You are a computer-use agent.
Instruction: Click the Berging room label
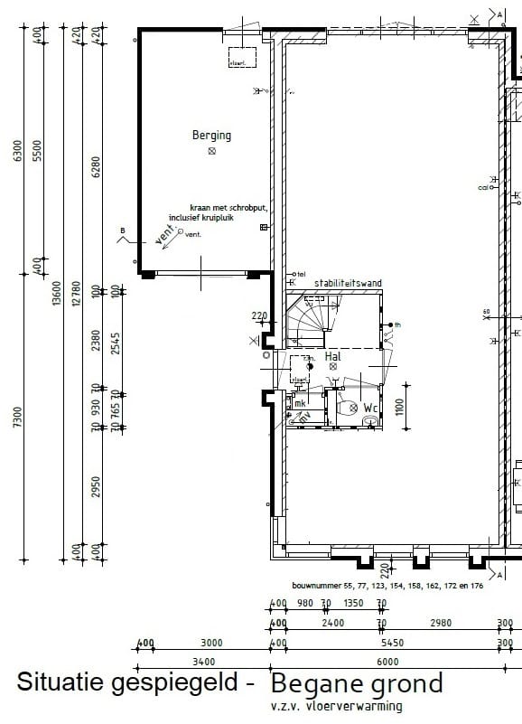[211, 136]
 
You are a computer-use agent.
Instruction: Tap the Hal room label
[333, 357]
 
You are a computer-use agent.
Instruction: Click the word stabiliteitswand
[348, 283]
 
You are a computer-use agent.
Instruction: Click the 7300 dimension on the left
[17, 425]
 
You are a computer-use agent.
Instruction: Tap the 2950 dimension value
[96, 488]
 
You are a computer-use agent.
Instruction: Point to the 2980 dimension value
[441, 624]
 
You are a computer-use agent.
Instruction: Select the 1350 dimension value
[353, 603]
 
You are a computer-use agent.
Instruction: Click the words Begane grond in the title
[357, 683]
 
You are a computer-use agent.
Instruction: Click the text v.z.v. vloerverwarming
[336, 706]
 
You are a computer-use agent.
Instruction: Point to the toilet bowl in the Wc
[346, 409]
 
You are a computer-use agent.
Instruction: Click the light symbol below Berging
[212, 152]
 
